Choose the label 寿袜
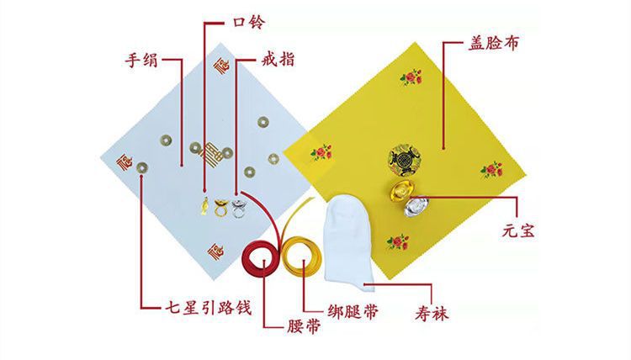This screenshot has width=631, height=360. tap(429, 314)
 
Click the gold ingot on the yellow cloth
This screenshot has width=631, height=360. tap(401, 191)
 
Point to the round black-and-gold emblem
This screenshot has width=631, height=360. tap(403, 157)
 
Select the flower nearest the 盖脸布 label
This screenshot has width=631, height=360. tap(411, 78)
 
